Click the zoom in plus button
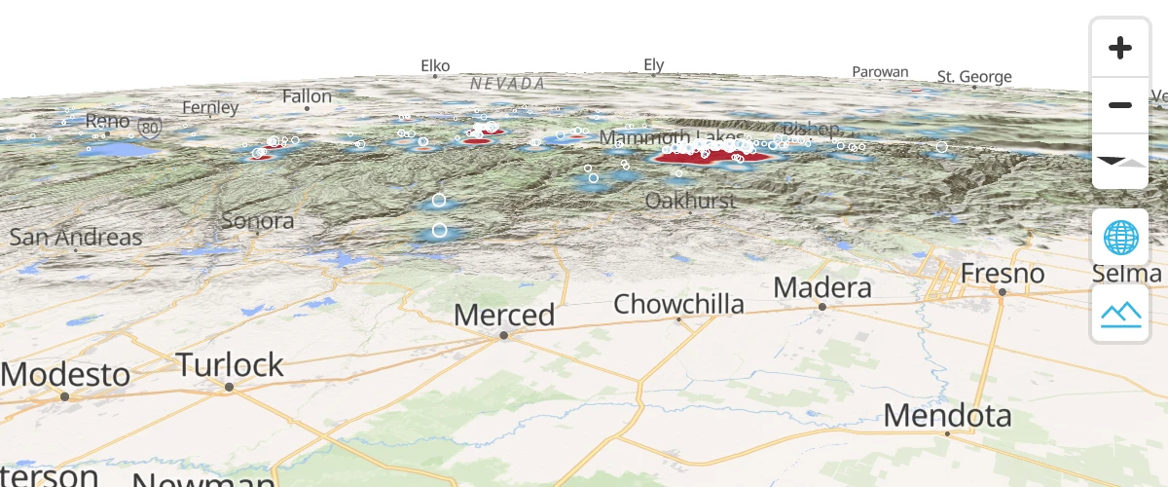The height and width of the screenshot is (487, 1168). [1120, 48]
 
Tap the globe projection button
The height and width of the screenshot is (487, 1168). [1120, 237]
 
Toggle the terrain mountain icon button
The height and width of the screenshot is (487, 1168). [1120, 313]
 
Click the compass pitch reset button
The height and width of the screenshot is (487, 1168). [1120, 161]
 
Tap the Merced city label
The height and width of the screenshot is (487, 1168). [504, 316]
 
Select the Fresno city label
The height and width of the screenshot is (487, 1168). [1003, 274]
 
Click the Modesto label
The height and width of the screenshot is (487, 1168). [65, 375]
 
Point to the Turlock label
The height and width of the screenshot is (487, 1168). [230, 365]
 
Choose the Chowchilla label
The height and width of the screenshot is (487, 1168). [678, 304]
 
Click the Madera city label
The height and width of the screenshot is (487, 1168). [822, 288]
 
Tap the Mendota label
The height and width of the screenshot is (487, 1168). [948, 416]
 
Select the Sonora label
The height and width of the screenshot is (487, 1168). [258, 220]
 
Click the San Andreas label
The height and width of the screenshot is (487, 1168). [76, 237]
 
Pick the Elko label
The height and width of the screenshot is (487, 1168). [435, 66]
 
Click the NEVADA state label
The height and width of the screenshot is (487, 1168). [507, 84]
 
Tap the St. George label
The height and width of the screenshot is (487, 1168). [974, 76]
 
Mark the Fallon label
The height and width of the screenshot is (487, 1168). [307, 96]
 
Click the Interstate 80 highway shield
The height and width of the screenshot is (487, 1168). [149, 127]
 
